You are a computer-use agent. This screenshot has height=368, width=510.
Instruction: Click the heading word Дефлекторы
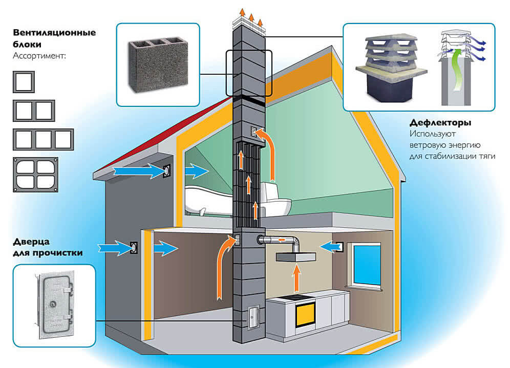[440, 123]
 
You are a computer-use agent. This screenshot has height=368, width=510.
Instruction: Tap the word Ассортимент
[39, 55]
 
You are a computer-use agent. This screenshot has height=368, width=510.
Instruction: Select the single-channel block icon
[24, 81]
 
